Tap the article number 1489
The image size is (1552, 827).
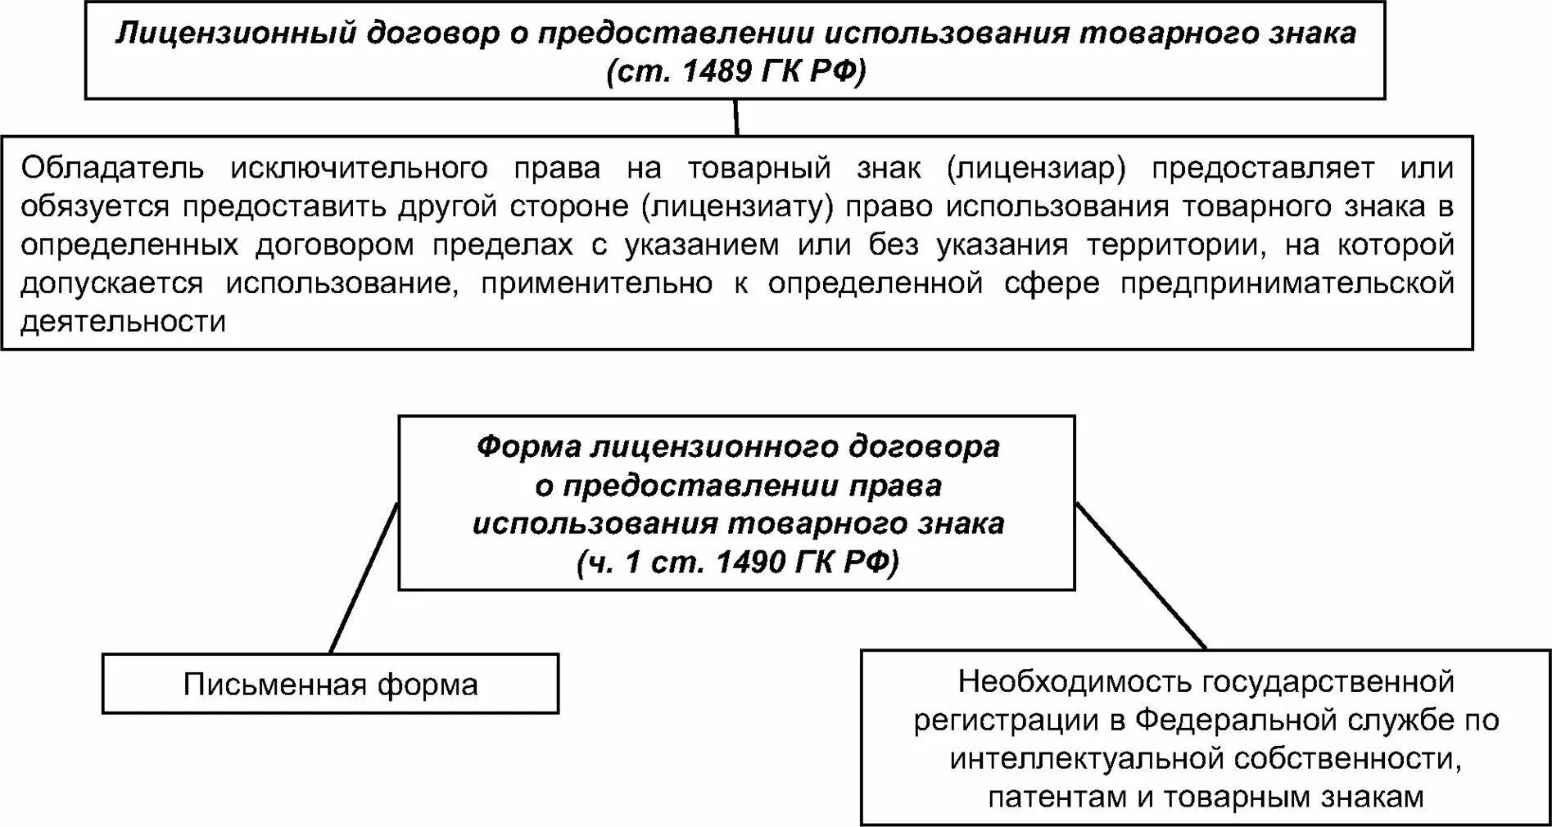click(x=717, y=72)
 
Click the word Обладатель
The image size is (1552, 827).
click(x=112, y=168)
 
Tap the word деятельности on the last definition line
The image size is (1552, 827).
click(x=123, y=322)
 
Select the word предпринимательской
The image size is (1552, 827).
click(x=1287, y=283)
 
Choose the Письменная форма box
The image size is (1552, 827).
click(x=330, y=685)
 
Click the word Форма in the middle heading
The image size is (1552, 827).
click(x=528, y=447)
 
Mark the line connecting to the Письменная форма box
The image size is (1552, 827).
click(x=364, y=578)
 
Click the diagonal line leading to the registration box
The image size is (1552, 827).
click(x=1140, y=575)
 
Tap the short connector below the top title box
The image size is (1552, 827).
click(x=736, y=117)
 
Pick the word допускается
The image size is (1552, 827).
click(x=111, y=283)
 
